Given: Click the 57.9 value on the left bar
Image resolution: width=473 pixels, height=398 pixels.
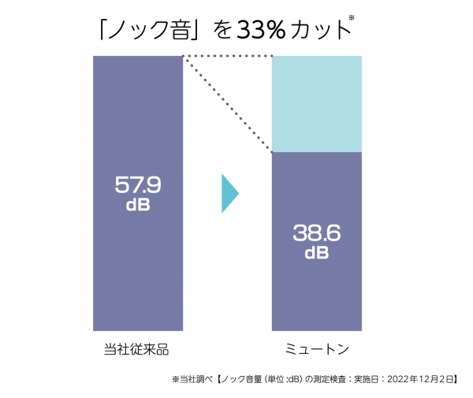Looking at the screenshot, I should coord(138,186).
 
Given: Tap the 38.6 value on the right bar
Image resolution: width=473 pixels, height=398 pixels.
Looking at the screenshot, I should coord(316,234).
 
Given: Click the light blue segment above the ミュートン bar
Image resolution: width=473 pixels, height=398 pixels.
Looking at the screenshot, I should coord(316,103).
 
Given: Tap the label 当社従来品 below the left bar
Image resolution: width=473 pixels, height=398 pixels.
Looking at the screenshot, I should coord(137,348).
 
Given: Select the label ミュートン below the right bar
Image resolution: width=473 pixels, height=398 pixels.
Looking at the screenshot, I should coord(316,348).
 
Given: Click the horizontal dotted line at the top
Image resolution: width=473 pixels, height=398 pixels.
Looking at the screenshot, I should coord(227,56).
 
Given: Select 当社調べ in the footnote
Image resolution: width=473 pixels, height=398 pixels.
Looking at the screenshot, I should coord(193,379).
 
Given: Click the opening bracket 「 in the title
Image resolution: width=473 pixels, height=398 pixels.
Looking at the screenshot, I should coord(102,28).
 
